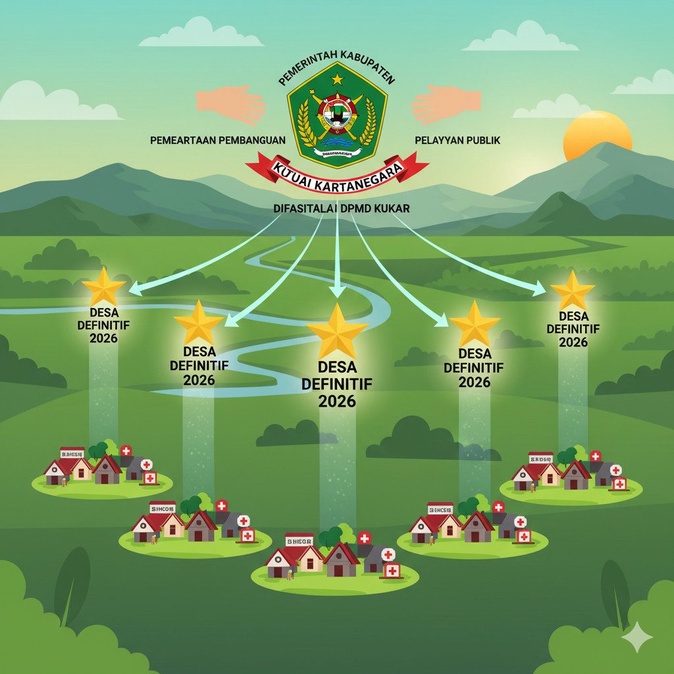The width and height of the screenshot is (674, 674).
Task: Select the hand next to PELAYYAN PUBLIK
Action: click(446, 104)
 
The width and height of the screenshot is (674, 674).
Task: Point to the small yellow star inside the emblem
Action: click(337, 80)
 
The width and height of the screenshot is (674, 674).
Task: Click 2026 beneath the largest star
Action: click(336, 401)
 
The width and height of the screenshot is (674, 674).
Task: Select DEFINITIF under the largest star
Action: click(336, 383)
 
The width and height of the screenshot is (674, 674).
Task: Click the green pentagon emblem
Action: click(337, 115)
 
